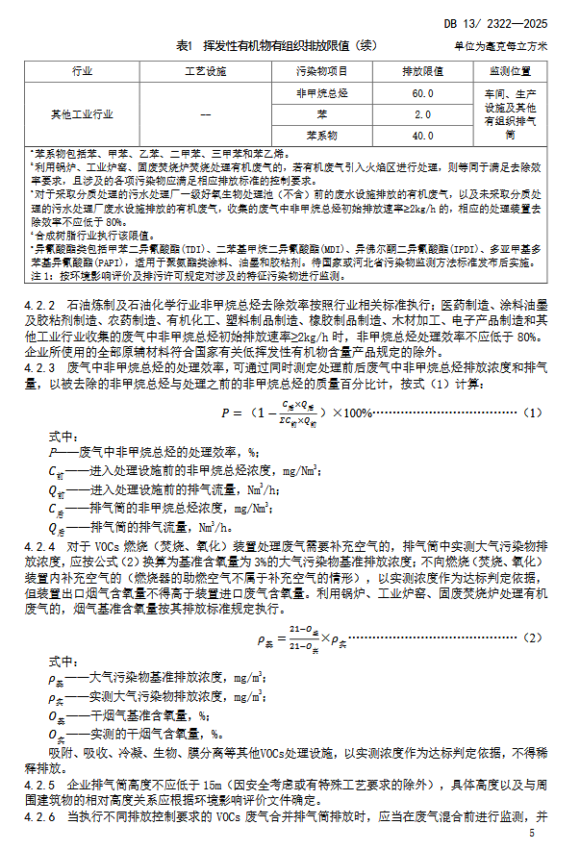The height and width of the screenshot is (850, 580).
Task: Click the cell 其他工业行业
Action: (x=83, y=114)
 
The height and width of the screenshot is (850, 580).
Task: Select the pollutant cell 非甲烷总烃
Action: (x=321, y=93)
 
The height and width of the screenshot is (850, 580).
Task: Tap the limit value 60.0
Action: (x=422, y=93)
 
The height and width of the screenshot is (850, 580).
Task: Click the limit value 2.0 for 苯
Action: (x=422, y=114)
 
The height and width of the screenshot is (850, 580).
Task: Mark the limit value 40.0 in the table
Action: (x=422, y=136)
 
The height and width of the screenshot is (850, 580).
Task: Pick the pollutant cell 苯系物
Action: (x=321, y=136)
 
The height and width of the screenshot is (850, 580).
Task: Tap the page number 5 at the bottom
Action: (x=544, y=833)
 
